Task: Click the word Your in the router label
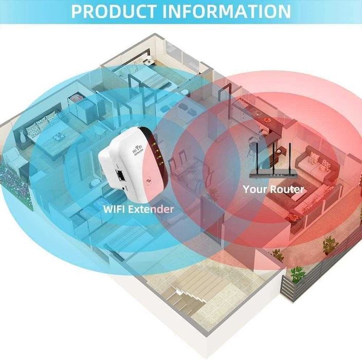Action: click(255, 189)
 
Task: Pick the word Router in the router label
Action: click(287, 189)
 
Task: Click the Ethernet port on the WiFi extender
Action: click(120, 176)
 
